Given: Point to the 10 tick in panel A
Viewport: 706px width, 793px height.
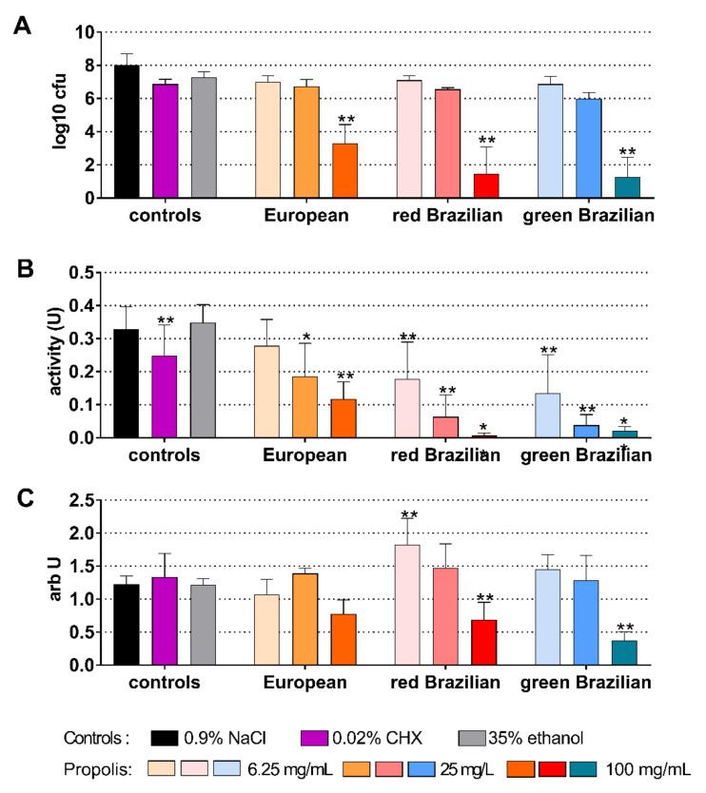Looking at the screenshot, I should pyautogui.click(x=85, y=31).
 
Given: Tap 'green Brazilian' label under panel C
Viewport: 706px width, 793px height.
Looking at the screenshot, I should pyautogui.click(x=588, y=683).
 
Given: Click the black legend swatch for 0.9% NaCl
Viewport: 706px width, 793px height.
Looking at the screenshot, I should pyautogui.click(x=171, y=738).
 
